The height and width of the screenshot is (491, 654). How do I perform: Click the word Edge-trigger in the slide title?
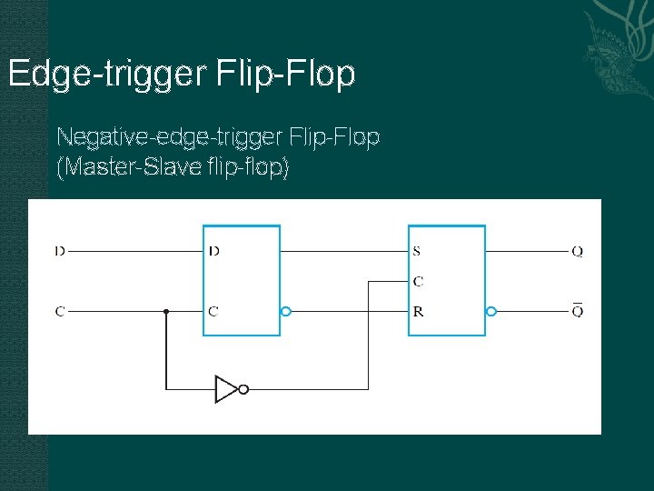point(108,75)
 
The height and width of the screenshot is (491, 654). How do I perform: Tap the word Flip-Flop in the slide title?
point(287,75)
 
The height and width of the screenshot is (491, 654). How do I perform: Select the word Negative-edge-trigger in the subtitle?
point(169,137)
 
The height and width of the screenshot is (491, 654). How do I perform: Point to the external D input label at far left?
point(60,250)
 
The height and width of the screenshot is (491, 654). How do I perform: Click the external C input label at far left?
point(60,311)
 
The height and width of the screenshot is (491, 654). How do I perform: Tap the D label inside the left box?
point(213,250)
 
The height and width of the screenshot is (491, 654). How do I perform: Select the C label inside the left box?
point(213,311)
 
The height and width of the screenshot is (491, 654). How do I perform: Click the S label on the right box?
point(417,250)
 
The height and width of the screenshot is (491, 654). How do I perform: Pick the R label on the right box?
point(418,311)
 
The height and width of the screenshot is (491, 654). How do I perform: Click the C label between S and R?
point(418,281)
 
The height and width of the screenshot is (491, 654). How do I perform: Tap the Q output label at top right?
point(578,250)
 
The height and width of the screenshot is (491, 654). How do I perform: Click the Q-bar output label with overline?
point(578,310)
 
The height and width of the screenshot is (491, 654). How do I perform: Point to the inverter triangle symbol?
point(226,389)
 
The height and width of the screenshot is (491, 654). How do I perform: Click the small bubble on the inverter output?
point(243,389)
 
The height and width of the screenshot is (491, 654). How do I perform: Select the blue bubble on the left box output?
point(285,311)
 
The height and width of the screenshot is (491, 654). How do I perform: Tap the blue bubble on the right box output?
point(491,311)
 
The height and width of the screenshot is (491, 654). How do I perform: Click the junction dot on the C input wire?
point(166,311)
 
